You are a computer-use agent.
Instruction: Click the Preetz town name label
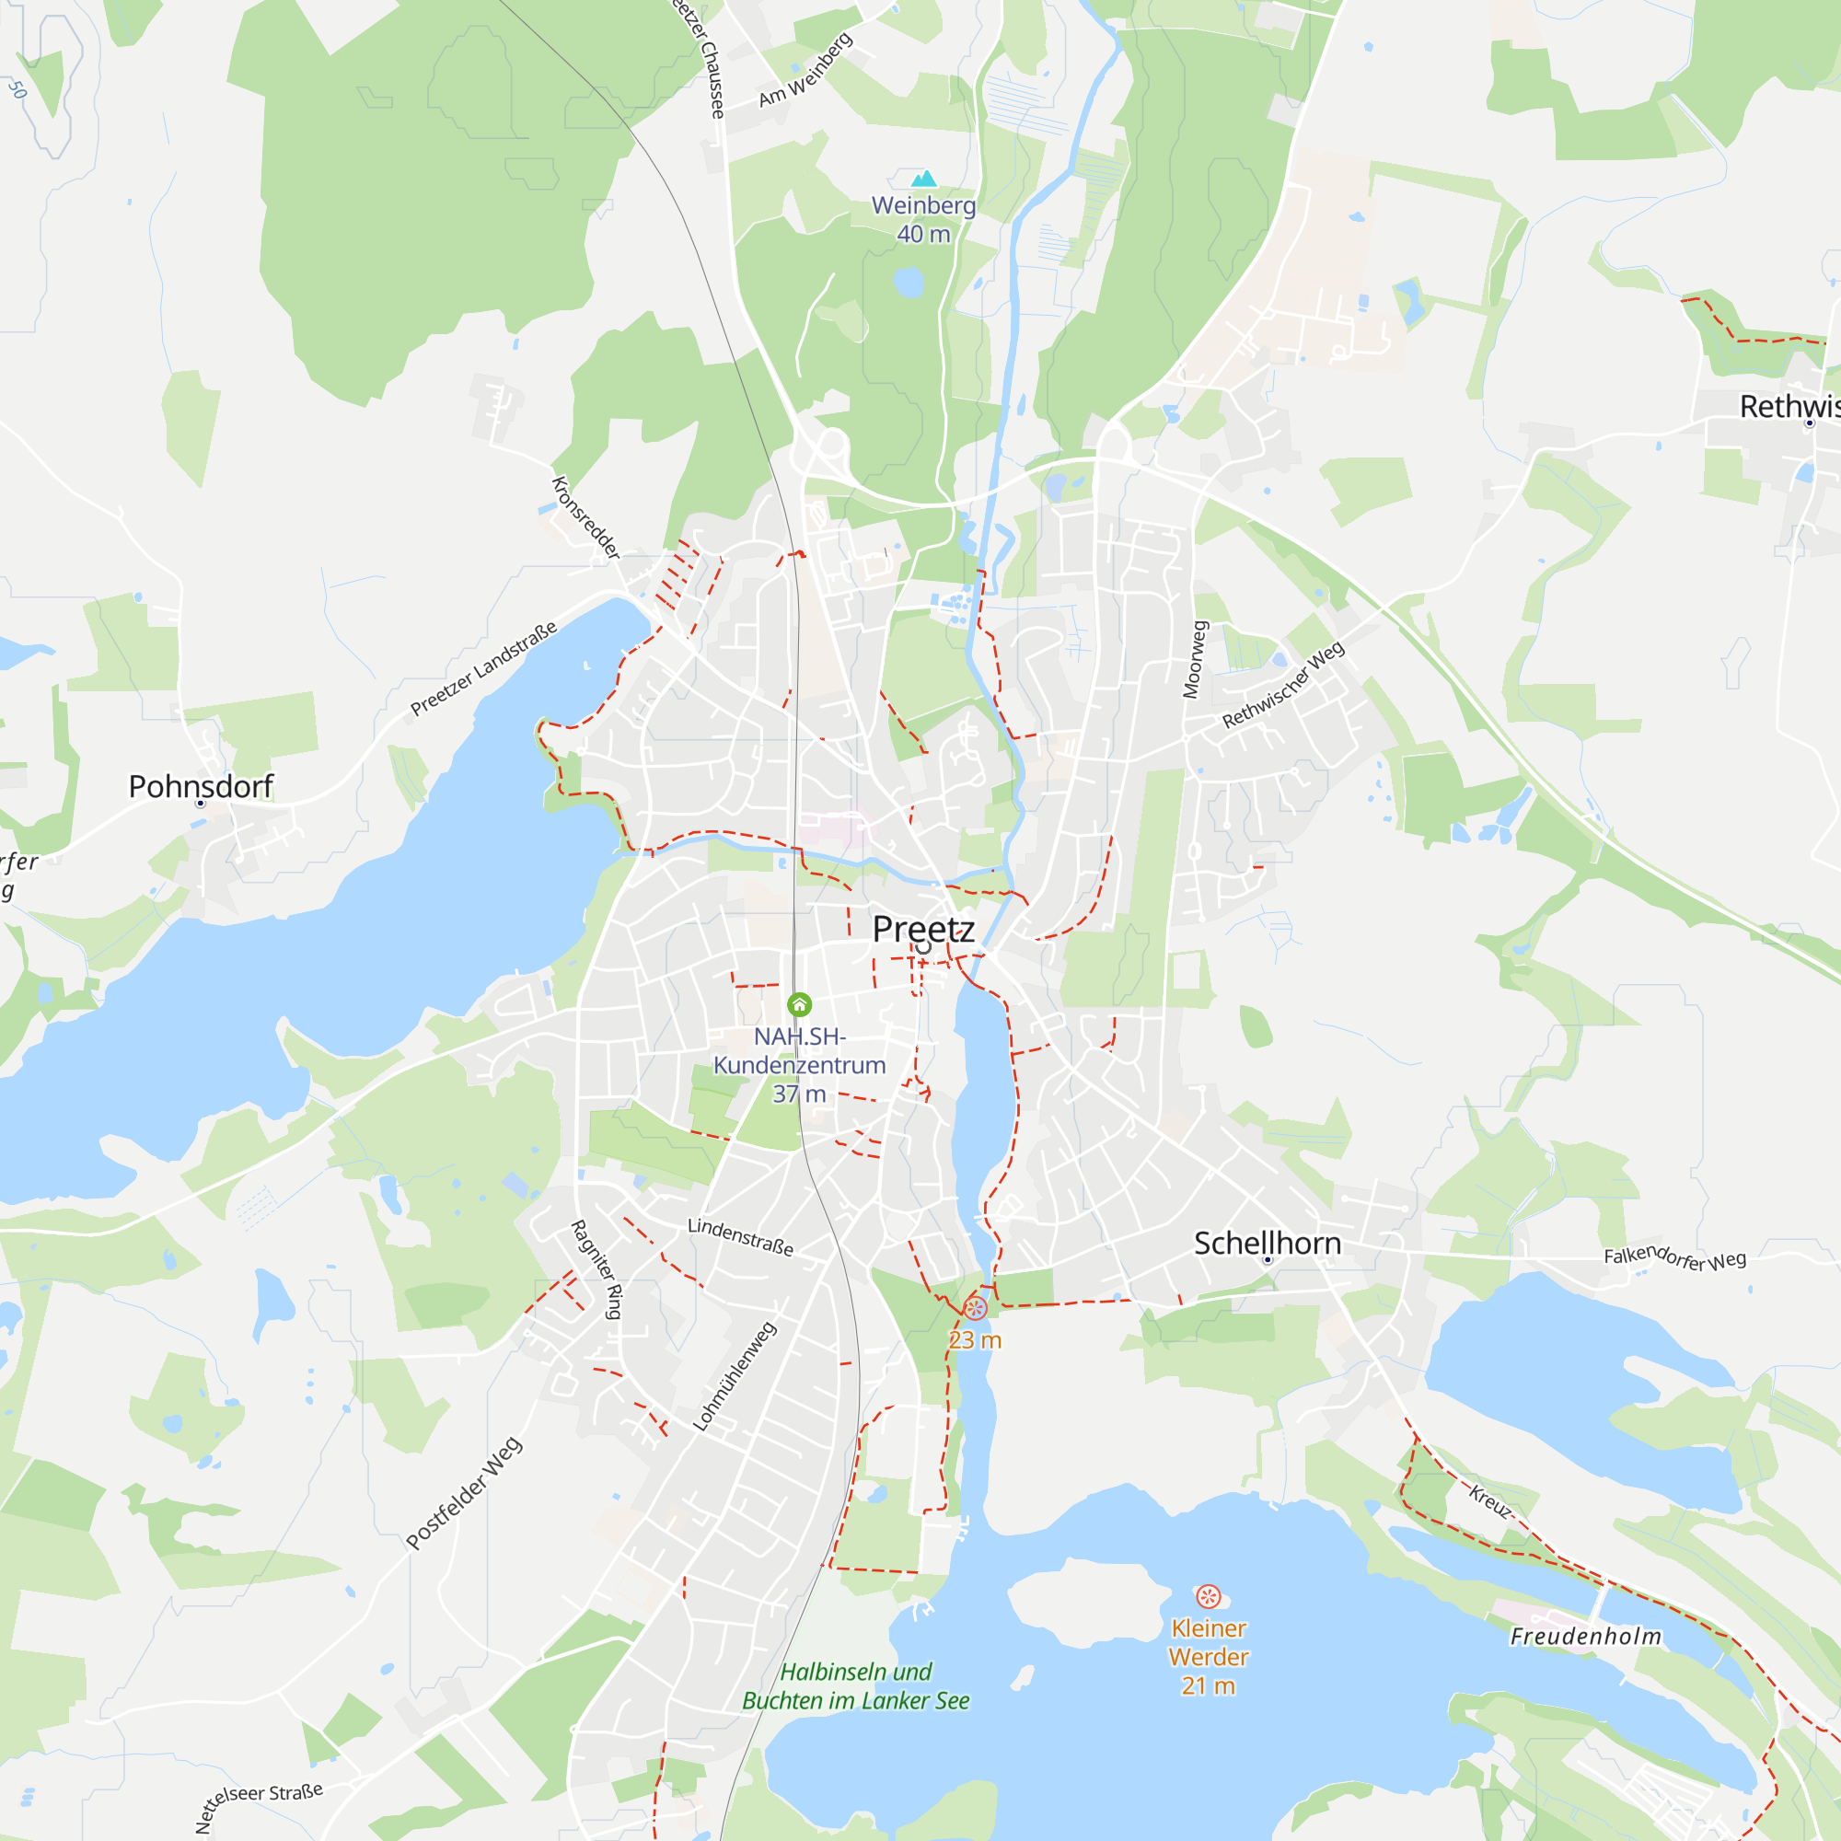[922, 928]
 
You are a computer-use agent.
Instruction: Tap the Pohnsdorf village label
[200, 786]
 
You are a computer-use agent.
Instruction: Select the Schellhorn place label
[1267, 1243]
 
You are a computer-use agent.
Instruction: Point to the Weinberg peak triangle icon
[923, 179]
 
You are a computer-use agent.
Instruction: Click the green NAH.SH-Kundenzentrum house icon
[798, 1004]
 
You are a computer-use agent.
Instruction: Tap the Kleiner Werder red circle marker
[1208, 1596]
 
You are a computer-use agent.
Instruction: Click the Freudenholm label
[1586, 1636]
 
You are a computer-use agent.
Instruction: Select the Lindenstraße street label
[740, 1236]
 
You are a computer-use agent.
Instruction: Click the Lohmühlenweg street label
[734, 1375]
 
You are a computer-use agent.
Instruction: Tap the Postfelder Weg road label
[463, 1492]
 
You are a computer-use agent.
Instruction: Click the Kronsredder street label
[585, 517]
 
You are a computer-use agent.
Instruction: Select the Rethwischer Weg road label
[1282, 684]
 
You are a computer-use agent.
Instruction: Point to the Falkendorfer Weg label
[1674, 1257]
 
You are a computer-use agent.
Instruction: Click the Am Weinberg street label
[805, 70]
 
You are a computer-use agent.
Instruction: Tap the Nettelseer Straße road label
[259, 1806]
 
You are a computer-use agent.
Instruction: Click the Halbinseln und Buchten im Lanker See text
[855, 1685]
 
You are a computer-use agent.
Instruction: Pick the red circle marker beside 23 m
[975, 1306]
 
